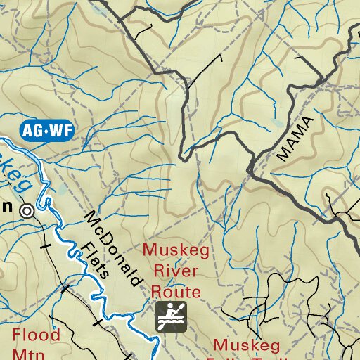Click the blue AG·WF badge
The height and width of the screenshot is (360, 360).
click(x=47, y=129)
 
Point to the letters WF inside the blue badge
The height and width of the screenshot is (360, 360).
click(x=60, y=129)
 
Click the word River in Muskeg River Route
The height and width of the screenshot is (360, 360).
click(x=171, y=271)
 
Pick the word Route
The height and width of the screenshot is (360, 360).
click(x=172, y=291)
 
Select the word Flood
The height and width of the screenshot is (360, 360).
click(x=35, y=334)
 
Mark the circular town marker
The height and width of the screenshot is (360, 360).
click(x=27, y=210)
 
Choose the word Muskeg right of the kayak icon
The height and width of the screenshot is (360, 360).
click(x=246, y=345)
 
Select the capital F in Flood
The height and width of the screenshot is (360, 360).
click(x=17, y=334)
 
